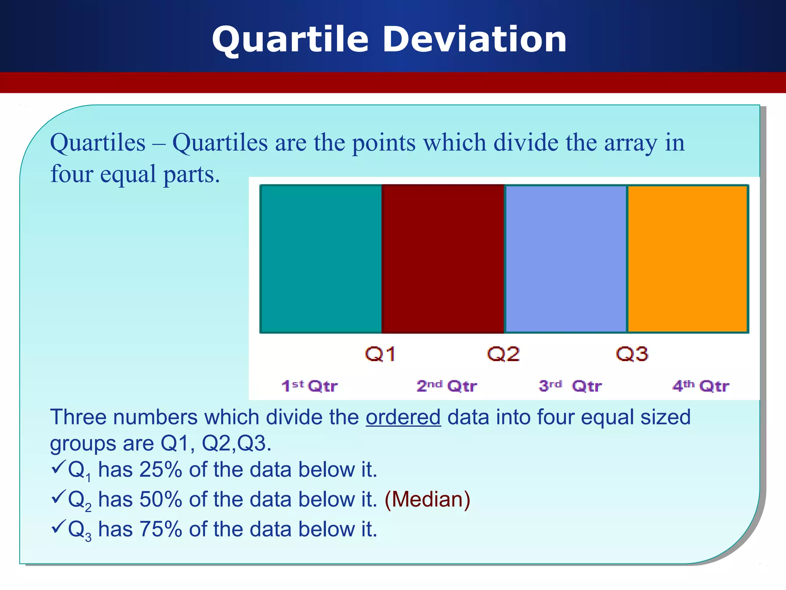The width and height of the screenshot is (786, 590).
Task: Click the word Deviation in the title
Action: [475, 40]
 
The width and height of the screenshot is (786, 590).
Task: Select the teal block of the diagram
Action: [321, 259]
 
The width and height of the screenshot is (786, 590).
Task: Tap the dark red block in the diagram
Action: [443, 259]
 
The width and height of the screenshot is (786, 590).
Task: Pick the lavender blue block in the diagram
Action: [566, 259]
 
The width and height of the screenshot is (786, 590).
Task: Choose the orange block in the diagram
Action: [687, 259]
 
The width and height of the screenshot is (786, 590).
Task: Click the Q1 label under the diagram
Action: [380, 354]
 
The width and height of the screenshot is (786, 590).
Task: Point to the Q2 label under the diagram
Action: [503, 354]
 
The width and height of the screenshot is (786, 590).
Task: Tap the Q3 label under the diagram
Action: [632, 354]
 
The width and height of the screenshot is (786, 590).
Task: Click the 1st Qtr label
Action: [309, 386]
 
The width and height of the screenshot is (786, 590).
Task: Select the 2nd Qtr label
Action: [447, 386]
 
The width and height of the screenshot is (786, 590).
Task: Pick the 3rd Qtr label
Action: [570, 386]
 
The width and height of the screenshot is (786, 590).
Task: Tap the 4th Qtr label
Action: [700, 386]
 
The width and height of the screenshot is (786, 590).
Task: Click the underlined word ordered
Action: [403, 418]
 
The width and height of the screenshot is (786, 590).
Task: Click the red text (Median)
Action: [427, 499]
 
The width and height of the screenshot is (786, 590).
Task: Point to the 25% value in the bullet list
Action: [160, 470]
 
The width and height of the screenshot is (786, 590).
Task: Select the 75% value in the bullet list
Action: [160, 529]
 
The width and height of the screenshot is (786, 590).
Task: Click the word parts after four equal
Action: [192, 175]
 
